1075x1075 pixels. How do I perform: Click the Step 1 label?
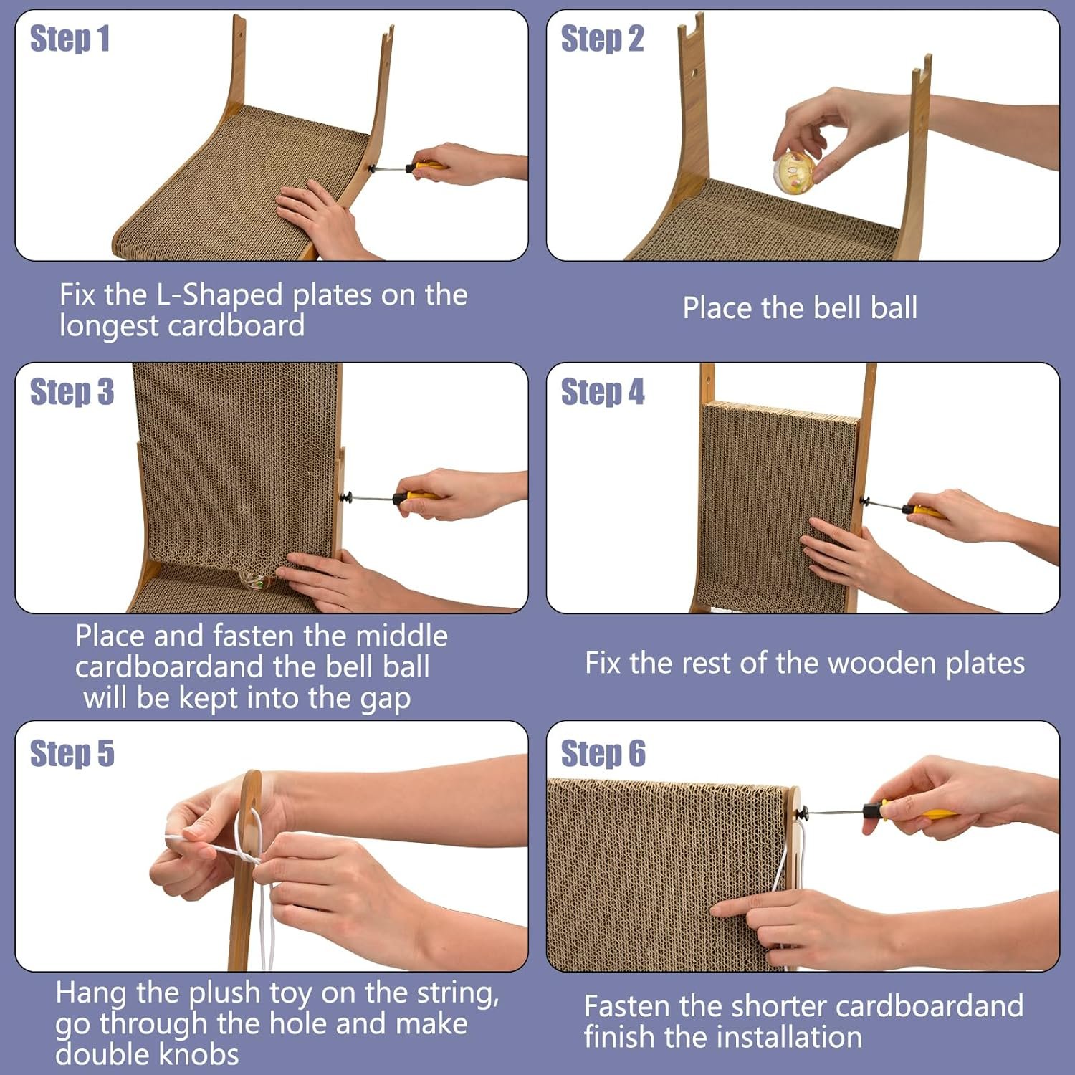click(70, 39)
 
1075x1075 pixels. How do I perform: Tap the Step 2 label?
click(602, 39)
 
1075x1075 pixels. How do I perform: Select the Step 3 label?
click(72, 392)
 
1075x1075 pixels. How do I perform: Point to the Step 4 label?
click(602, 392)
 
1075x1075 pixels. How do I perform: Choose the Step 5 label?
click(72, 753)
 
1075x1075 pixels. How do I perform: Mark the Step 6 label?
click(603, 753)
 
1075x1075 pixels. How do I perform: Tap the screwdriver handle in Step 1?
click(424, 167)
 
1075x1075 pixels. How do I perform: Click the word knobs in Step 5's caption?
click(199, 1054)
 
